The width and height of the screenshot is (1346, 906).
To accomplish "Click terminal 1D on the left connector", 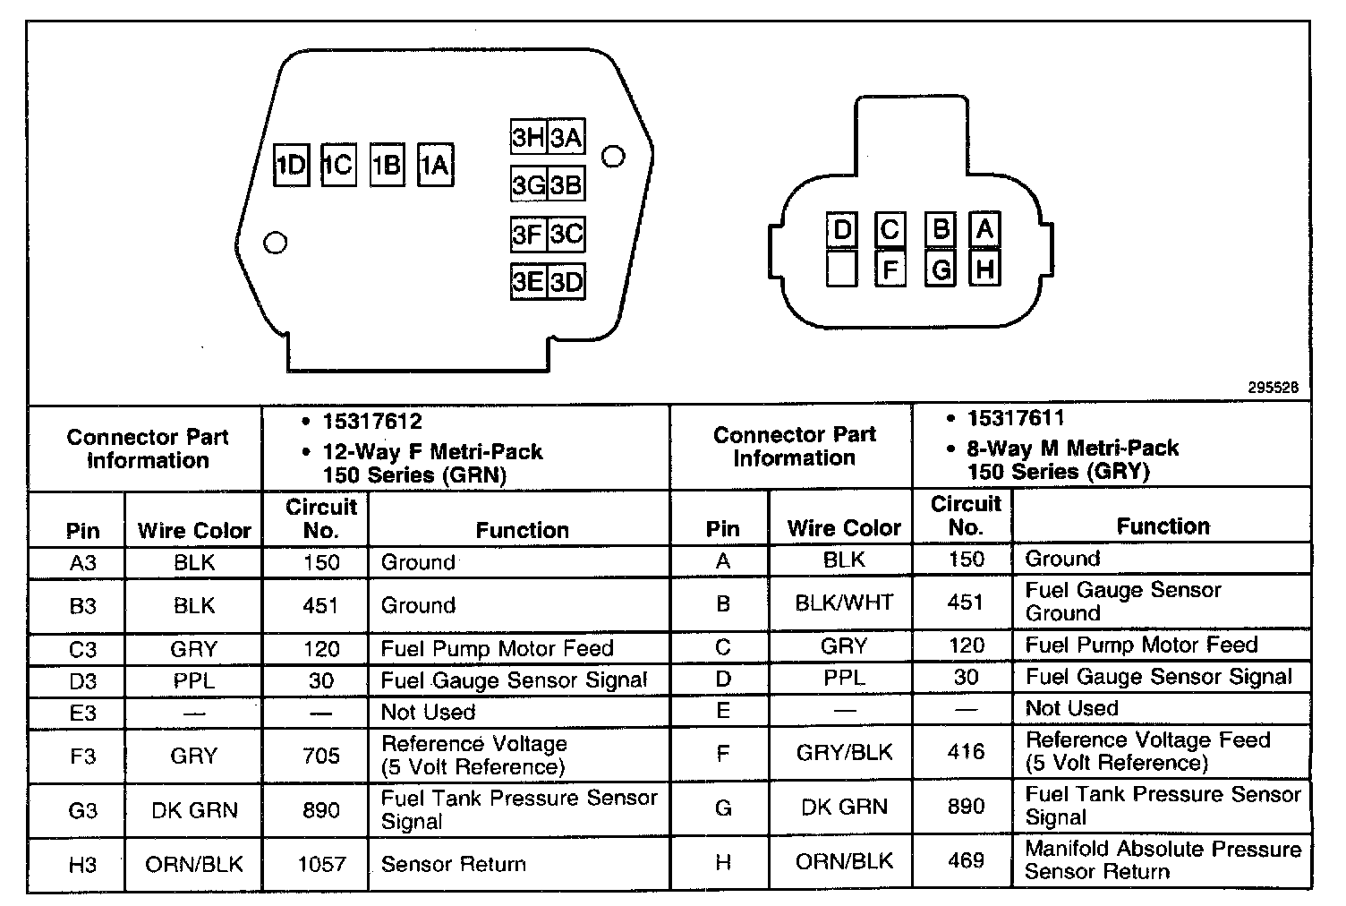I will click(x=291, y=165).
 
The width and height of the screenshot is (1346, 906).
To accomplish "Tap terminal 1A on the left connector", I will click(x=435, y=165).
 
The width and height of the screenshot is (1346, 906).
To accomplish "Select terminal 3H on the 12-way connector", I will click(x=528, y=138).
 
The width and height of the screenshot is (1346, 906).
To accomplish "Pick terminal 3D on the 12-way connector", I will click(x=566, y=282).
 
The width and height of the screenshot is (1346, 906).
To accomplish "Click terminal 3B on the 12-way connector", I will click(x=566, y=185).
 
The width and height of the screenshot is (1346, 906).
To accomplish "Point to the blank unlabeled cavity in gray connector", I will click(x=841, y=268).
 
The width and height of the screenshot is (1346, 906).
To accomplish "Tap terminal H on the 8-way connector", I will click(x=984, y=268).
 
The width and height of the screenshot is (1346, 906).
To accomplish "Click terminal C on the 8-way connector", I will click(x=890, y=230).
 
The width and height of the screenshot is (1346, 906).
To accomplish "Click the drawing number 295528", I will click(x=1273, y=389).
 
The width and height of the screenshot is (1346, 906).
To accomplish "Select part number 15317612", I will click(x=372, y=421).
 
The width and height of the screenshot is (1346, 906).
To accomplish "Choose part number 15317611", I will click(x=1016, y=418).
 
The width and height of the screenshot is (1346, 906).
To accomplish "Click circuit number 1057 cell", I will click(x=320, y=864).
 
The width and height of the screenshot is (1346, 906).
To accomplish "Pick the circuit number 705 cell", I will click(x=320, y=756).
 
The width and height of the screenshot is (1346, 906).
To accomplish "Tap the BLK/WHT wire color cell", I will click(x=844, y=603).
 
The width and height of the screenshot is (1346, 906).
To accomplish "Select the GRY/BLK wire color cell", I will click(x=844, y=752).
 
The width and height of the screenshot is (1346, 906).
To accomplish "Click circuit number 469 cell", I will click(x=966, y=860).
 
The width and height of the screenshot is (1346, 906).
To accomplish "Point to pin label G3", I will click(x=82, y=810).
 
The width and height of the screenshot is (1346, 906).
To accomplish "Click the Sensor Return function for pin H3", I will click(x=453, y=864).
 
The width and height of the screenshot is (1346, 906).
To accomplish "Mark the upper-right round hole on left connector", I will click(x=613, y=157).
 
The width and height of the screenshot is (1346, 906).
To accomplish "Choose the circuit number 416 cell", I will click(x=966, y=752).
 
